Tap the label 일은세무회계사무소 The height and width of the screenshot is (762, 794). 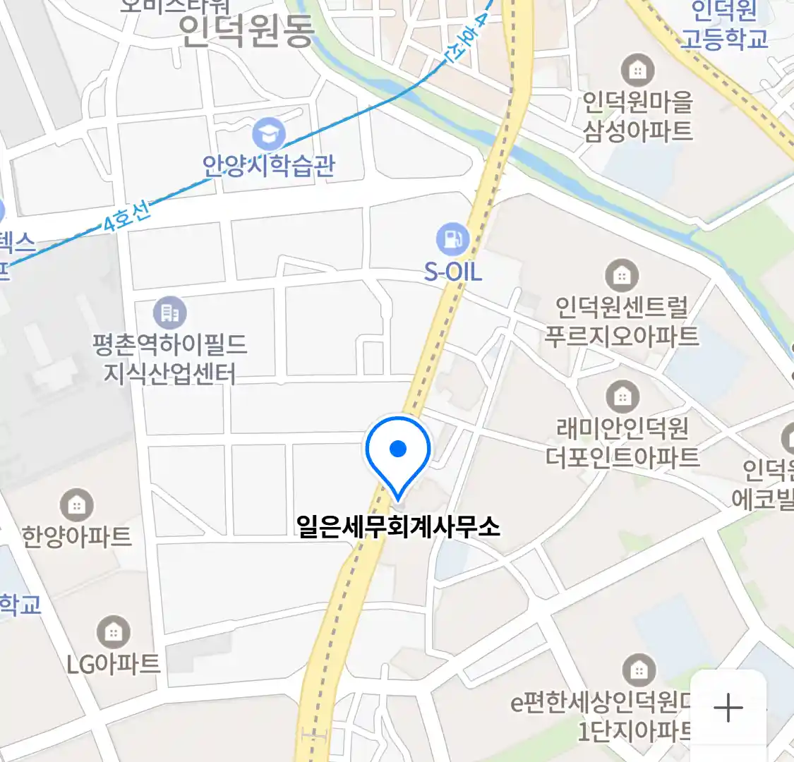[x=398, y=526]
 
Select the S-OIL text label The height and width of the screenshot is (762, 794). [x=452, y=272]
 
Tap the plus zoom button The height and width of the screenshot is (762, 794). [x=728, y=708]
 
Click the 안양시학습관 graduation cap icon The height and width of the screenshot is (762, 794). [x=269, y=133]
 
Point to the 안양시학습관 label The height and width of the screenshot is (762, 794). [x=269, y=166]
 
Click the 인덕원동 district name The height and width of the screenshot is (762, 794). [x=246, y=32]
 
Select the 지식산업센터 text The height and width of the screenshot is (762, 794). [x=170, y=373]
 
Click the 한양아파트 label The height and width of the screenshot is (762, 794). [x=77, y=537]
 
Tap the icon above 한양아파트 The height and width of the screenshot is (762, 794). [x=77, y=505]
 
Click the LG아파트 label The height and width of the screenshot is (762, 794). [x=114, y=664]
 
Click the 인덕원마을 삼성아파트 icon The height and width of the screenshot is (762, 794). [x=637, y=71]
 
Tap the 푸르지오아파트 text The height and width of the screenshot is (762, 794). [x=622, y=336]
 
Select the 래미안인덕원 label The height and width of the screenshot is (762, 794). [x=622, y=428]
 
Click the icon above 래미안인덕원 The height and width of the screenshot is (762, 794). [x=622, y=397]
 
